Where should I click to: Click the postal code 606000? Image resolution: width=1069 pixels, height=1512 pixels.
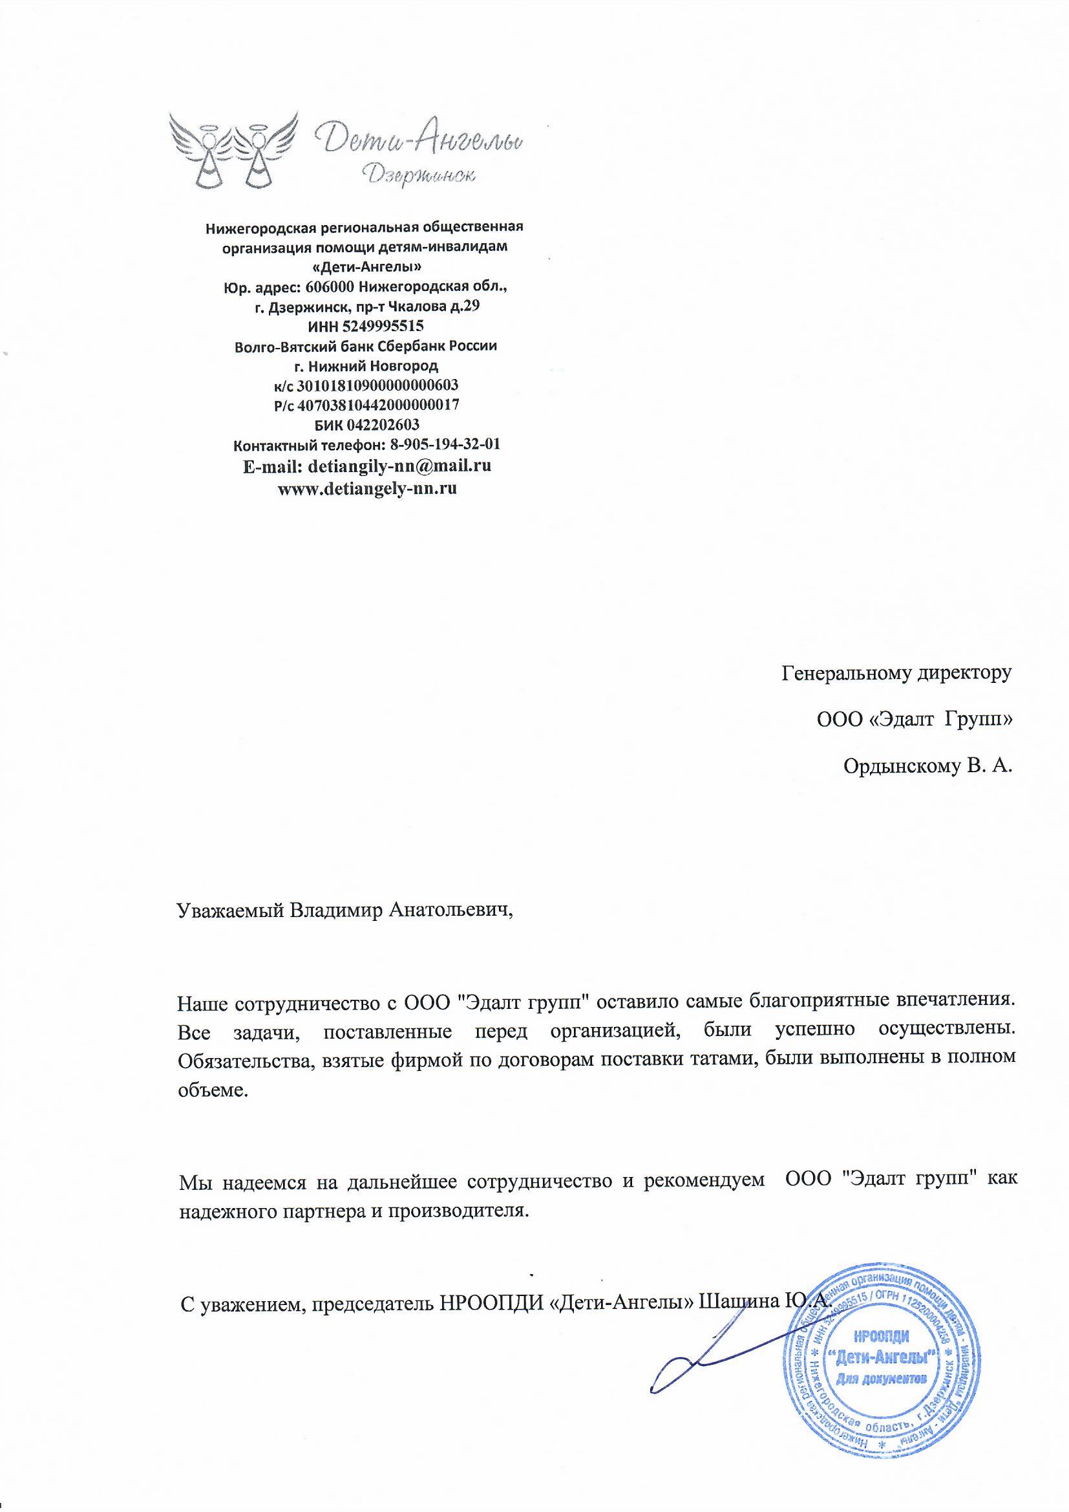332,287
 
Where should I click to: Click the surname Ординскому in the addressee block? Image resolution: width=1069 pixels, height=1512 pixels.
899,766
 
